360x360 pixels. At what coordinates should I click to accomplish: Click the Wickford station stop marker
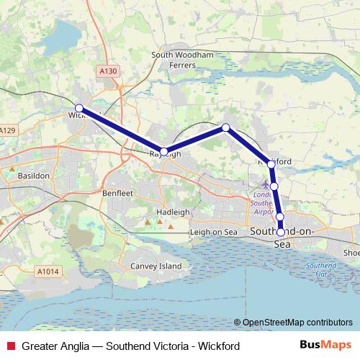click(x=79, y=109)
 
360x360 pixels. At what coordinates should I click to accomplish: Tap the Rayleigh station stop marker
click(x=164, y=151)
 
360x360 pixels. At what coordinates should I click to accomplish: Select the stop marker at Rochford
click(x=271, y=164)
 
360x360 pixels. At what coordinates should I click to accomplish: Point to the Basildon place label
click(x=33, y=176)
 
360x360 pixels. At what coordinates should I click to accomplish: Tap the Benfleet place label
click(x=118, y=194)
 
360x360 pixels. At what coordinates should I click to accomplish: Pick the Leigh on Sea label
click(x=212, y=233)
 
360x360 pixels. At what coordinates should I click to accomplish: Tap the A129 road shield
click(x=7, y=130)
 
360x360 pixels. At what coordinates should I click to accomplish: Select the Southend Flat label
click(x=315, y=270)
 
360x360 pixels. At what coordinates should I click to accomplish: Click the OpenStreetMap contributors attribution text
click(x=297, y=323)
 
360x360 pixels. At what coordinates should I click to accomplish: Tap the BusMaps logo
click(x=326, y=346)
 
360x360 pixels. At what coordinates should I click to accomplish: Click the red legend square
click(x=9, y=346)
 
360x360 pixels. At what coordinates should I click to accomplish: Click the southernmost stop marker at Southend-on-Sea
click(x=281, y=232)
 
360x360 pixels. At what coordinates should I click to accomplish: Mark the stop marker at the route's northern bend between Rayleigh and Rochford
click(x=226, y=127)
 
